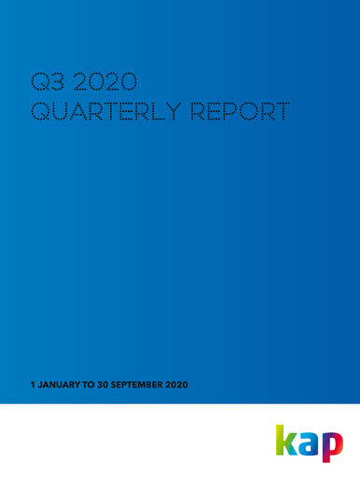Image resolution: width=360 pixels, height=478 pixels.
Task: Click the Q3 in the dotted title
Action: click(48, 81)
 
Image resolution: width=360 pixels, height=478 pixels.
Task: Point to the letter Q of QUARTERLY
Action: click(41, 113)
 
